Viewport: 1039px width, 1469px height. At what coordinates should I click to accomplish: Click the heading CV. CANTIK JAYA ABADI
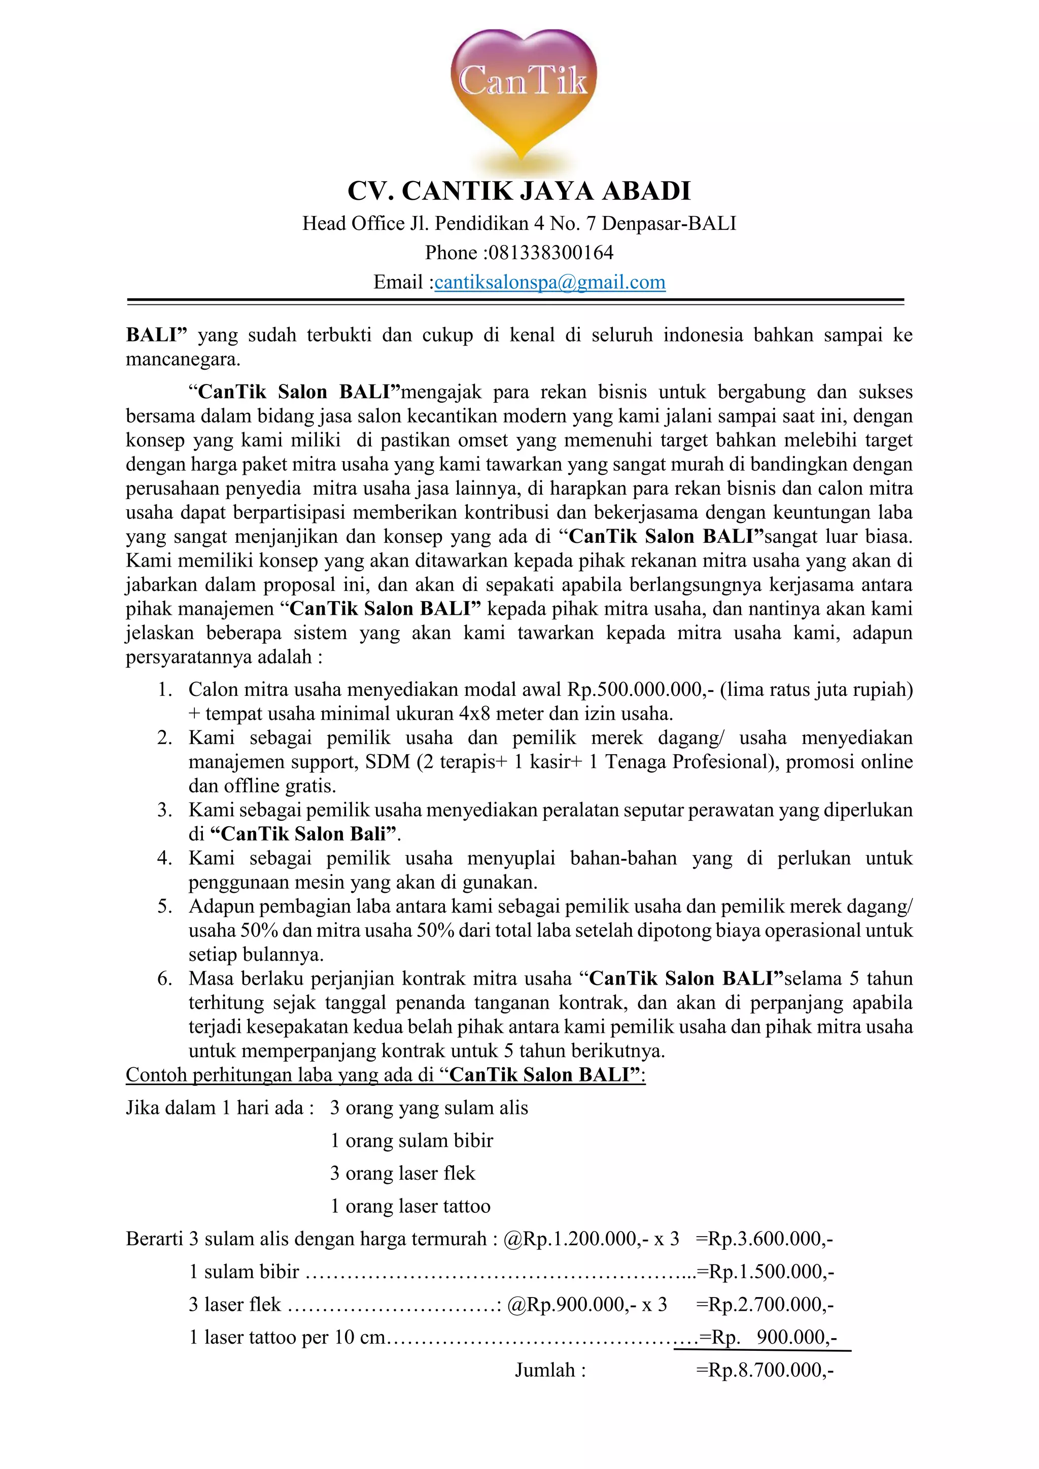(519, 191)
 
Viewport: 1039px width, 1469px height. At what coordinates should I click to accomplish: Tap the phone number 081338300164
(550, 253)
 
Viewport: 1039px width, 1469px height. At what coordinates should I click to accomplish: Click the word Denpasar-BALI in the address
(669, 223)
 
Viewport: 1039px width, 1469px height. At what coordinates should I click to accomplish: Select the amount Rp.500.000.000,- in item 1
(640, 689)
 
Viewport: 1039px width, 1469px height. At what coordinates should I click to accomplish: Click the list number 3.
(165, 810)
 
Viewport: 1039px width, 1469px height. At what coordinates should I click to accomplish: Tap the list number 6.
(165, 979)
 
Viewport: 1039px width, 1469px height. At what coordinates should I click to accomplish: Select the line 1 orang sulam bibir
(411, 1141)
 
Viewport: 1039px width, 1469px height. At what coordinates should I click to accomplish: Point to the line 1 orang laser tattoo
(410, 1207)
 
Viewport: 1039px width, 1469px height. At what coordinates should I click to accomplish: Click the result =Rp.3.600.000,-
(764, 1239)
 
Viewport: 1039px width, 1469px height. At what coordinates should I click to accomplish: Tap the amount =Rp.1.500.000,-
(765, 1272)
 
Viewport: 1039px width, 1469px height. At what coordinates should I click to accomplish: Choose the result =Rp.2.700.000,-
(765, 1305)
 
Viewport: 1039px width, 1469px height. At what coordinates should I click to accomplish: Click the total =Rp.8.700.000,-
(765, 1371)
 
